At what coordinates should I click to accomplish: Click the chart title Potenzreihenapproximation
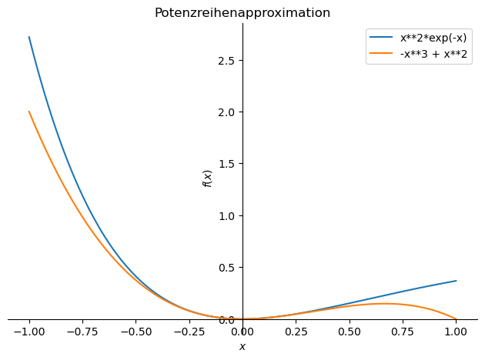(x=242, y=13)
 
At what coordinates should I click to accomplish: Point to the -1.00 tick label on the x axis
(x=29, y=332)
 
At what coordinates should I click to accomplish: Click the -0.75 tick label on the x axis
(x=82, y=332)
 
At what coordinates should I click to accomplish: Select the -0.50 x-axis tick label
(x=135, y=332)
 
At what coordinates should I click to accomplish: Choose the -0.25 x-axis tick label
(x=189, y=332)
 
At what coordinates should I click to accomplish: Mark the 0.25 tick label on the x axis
(x=296, y=332)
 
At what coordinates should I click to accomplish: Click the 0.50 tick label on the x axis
(x=349, y=332)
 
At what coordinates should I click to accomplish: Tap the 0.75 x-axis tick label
(x=403, y=332)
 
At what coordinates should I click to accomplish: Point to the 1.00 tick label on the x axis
(x=456, y=332)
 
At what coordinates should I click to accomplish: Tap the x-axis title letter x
(x=242, y=347)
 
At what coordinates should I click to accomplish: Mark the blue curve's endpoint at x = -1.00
(x=29, y=37)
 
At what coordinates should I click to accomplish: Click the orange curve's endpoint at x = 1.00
(x=456, y=319)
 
